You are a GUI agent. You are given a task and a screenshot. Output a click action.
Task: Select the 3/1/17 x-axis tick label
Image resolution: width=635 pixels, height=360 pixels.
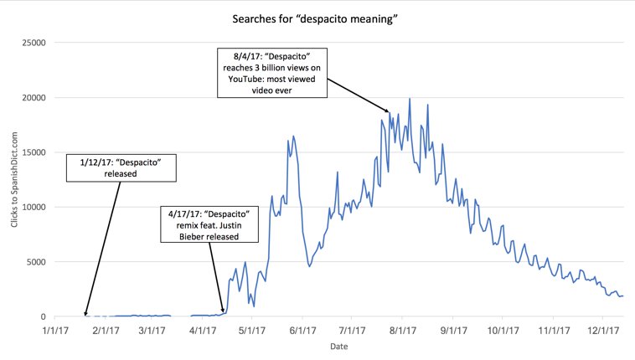pyautogui.click(x=153, y=331)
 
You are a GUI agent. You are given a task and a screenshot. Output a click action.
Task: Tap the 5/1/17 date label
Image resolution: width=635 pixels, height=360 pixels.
pyautogui.click(x=252, y=331)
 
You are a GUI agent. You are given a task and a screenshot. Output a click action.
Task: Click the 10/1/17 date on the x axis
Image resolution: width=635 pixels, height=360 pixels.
pyautogui.click(x=504, y=331)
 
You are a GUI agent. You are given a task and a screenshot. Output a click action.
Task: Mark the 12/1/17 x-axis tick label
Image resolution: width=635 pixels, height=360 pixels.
pyautogui.click(x=604, y=331)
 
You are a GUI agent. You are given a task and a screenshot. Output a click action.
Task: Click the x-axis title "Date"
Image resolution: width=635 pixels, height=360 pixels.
pyautogui.click(x=339, y=346)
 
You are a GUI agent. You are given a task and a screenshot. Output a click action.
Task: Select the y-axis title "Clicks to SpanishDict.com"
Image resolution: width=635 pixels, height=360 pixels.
pyautogui.click(x=14, y=180)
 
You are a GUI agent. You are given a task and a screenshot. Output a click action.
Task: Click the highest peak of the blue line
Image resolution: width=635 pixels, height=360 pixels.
pyautogui.click(x=409, y=99)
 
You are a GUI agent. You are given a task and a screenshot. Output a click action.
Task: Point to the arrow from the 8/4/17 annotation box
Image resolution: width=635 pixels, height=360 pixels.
pyautogui.click(x=358, y=95)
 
